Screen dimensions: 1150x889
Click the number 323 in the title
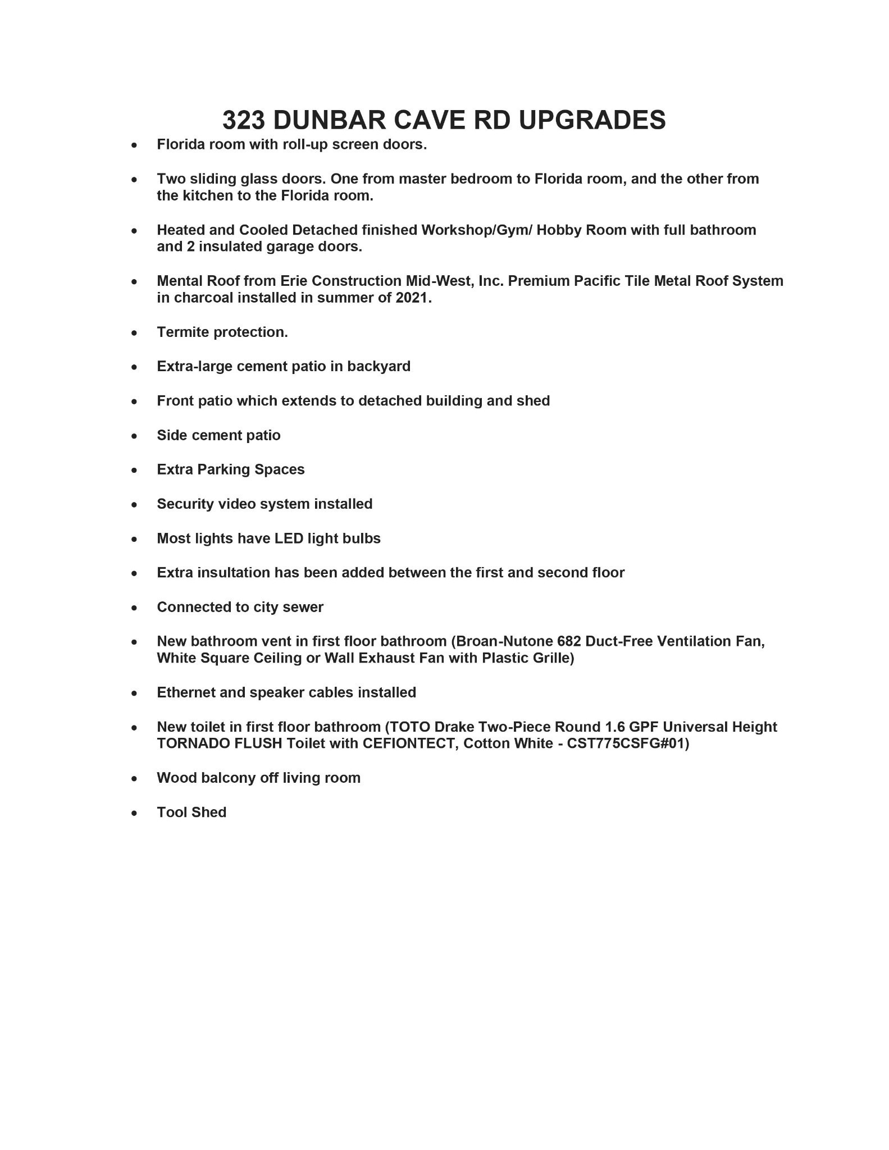[243, 120]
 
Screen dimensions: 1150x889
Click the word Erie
[294, 281]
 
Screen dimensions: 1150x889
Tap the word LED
[289, 539]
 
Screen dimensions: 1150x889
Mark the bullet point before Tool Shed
[134, 813]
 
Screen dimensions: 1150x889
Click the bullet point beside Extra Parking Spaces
[134, 470]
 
